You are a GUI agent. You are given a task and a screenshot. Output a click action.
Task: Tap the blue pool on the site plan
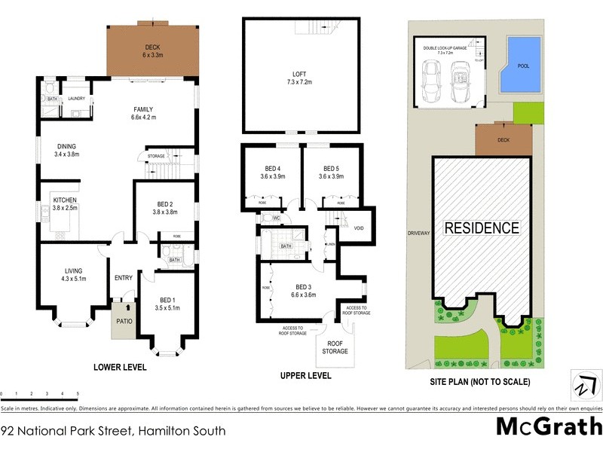(523, 66)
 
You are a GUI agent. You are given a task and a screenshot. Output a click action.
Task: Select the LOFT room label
(301, 74)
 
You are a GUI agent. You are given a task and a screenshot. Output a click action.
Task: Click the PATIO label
(123, 320)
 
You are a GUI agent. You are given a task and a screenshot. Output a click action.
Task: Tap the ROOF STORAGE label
(335, 347)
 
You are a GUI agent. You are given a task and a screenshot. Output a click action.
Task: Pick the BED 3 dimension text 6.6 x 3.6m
(303, 295)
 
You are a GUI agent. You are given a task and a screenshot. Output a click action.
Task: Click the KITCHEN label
(65, 200)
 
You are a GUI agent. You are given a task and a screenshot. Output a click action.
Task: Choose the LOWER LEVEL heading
(119, 368)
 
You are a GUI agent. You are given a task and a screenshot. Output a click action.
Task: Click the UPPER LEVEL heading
(305, 375)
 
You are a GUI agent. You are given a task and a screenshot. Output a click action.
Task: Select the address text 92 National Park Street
(113, 432)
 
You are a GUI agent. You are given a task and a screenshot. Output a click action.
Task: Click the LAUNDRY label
(78, 99)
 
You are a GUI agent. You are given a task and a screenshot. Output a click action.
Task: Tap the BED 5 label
(332, 168)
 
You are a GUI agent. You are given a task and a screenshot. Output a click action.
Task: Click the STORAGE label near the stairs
(157, 157)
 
